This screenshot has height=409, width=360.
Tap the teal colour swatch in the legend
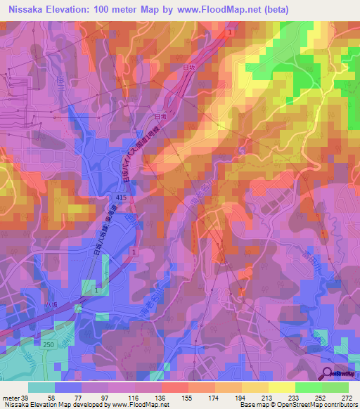[x=41, y=388]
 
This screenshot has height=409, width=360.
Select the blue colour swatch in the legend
[x=68, y=388]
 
